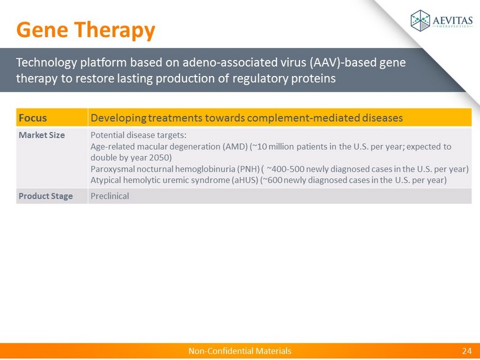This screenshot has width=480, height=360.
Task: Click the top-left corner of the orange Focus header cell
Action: click(16, 108)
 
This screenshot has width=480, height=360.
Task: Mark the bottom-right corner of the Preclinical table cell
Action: click(471, 204)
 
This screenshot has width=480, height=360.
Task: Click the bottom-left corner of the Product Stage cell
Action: click(16, 204)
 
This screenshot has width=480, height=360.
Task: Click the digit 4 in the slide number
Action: click(469, 351)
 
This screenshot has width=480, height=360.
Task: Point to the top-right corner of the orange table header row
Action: click(471, 108)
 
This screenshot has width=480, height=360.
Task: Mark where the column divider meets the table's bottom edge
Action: click(88, 204)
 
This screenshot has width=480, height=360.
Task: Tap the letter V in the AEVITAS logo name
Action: click(447, 21)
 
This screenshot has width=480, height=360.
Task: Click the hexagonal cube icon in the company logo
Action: click(421, 21)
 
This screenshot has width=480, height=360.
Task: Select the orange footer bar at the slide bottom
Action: click(240, 351)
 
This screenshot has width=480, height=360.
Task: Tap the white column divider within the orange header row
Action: click(88, 117)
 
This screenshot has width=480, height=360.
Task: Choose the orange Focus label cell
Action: click(52, 117)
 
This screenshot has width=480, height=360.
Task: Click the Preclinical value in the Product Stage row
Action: click(109, 196)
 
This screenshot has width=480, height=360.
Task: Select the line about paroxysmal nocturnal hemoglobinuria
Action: click(279, 169)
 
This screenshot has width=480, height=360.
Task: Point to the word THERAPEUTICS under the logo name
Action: click(453, 26)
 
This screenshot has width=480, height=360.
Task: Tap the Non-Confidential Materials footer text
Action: click(239, 351)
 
